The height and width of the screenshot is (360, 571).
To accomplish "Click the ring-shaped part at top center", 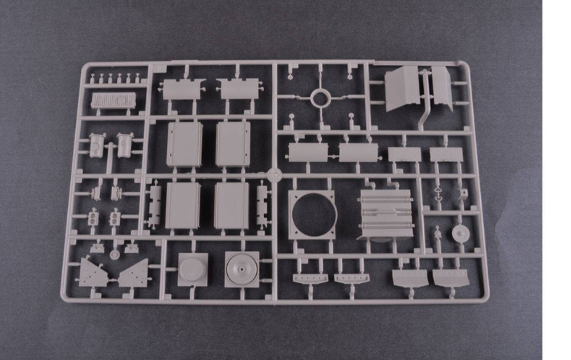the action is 320,98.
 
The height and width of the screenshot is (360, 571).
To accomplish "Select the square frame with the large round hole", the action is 311,215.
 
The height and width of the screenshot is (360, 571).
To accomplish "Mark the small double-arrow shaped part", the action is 438,194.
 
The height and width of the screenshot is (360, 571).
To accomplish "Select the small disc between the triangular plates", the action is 114,254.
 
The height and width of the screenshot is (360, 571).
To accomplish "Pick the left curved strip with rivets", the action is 310,278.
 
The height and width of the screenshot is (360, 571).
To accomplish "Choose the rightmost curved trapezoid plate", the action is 451,277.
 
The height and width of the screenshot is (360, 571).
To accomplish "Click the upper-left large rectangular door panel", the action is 185,144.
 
